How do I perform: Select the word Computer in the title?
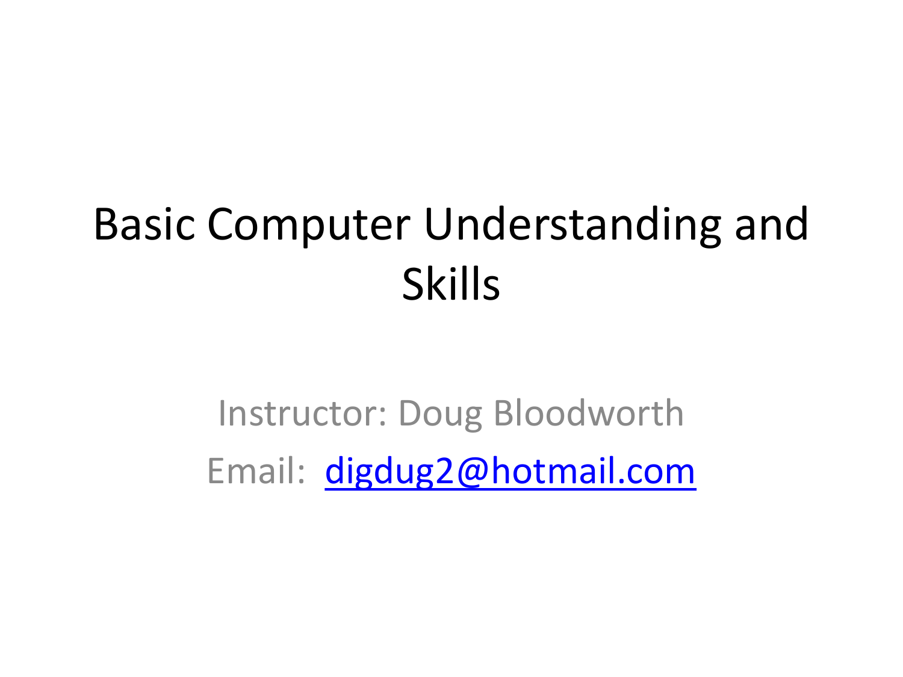coord(309,225)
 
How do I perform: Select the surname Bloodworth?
coord(588,413)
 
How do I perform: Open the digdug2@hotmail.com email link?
coord(510,471)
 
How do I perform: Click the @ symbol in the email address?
coord(473,471)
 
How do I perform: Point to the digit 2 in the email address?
coord(444,471)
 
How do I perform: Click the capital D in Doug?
coord(410,413)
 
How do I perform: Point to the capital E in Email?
coord(216,471)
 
